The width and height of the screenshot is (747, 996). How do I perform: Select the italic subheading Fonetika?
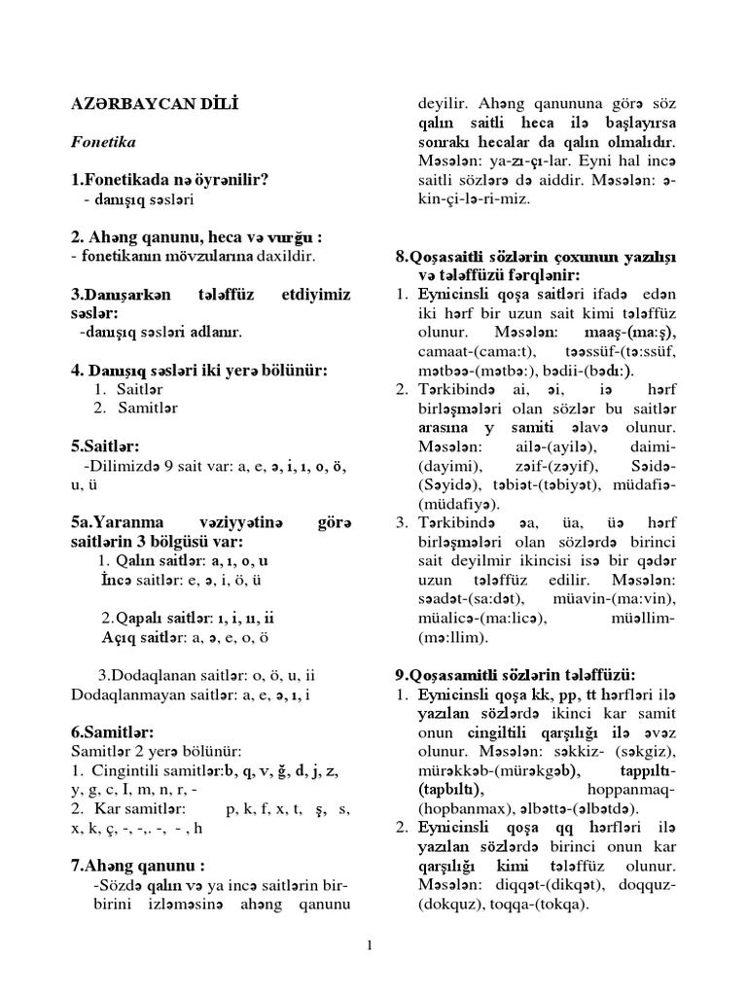[104, 142]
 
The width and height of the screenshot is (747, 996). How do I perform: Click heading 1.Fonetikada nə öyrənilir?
[169, 180]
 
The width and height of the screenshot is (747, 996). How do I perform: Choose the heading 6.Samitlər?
[112, 731]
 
